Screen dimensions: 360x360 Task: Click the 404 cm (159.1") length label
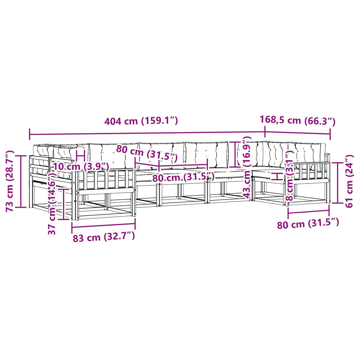click(x=141, y=121)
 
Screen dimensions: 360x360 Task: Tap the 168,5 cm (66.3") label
click(x=297, y=120)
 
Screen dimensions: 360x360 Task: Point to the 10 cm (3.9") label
click(x=81, y=166)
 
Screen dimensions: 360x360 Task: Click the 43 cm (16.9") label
click(x=247, y=167)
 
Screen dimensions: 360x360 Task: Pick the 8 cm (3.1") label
click(x=290, y=176)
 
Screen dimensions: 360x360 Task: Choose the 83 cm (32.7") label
click(x=104, y=237)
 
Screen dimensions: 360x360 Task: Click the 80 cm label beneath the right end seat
click(x=308, y=224)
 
